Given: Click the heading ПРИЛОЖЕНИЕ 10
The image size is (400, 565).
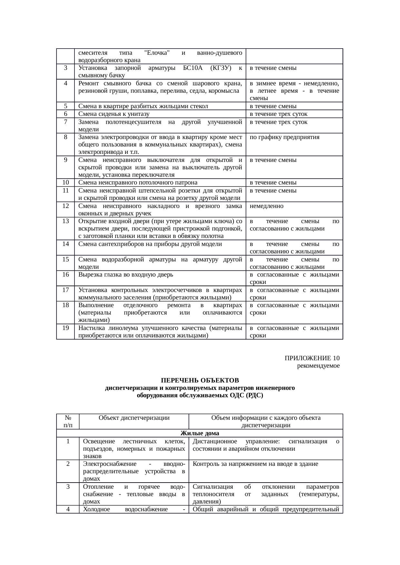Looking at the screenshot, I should [x=312, y=358].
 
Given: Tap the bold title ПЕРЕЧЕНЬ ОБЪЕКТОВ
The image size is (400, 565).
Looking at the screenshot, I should [x=200, y=381].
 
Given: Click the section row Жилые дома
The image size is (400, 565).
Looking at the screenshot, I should [x=199, y=433].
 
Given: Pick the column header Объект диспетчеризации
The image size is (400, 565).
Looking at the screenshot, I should [x=134, y=418].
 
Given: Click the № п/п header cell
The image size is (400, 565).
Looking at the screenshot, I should [x=68, y=421].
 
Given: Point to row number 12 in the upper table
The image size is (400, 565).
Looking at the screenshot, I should [x=65, y=206].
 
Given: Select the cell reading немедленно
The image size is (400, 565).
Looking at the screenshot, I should [x=266, y=206].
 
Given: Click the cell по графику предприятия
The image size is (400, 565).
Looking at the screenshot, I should [x=285, y=137].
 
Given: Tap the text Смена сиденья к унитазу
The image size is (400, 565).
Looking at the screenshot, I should [x=114, y=114].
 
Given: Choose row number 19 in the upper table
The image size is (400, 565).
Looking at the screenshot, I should [x=65, y=328].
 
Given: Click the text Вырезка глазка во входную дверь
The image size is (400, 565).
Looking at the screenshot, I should [x=126, y=275].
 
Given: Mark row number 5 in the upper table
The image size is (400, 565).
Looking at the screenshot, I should [x=65, y=106].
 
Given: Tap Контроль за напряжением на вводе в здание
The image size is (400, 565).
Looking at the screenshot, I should [x=255, y=464].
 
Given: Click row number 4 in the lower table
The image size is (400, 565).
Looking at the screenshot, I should [x=68, y=509].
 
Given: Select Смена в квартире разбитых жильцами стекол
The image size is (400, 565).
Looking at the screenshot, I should [x=143, y=106].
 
